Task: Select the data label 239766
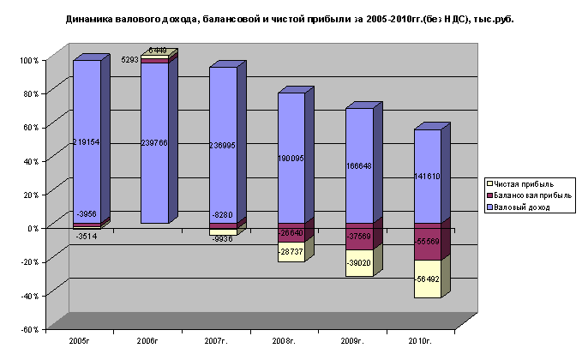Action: [154, 143]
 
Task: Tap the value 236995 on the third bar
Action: [222, 146]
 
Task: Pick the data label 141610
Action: [427, 176]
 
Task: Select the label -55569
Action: [427, 243]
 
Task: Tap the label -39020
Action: [359, 264]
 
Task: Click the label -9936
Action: [221, 239]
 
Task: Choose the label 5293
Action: [130, 60]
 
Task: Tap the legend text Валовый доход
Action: [520, 207]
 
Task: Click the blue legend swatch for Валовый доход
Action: [489, 207]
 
